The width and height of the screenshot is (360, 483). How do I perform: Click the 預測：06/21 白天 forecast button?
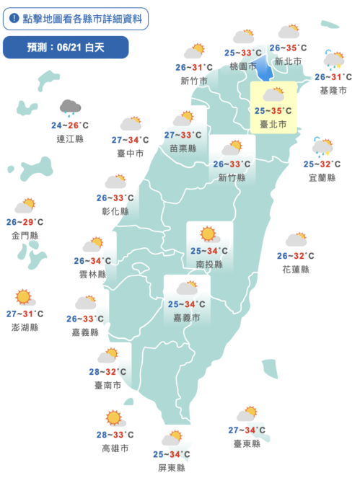tap(66, 48)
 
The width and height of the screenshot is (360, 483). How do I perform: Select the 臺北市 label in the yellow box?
tap(273, 124)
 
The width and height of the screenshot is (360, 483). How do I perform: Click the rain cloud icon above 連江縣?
tap(71, 108)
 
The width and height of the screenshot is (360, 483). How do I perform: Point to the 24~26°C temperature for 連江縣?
tap(71, 125)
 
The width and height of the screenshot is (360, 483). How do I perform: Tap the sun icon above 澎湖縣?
tap(25, 297)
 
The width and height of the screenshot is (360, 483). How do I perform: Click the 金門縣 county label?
tap(25, 236)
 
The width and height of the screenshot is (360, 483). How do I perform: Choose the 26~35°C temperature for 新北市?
tap(289, 48)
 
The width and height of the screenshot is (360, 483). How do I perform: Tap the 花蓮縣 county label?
tap(296, 269)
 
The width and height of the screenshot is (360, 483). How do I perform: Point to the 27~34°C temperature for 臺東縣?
tap(247, 430)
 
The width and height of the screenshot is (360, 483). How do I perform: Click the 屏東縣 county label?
tap(171, 467)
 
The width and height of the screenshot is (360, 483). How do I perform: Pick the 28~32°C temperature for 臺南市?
tap(107, 372)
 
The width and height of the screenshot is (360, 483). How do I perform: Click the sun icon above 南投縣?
tap(208, 234)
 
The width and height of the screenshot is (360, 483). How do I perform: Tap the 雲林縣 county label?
tap(92, 275)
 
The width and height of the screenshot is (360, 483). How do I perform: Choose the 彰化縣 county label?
tap(115, 211)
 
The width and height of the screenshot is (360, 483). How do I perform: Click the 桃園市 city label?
tap(242, 66)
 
